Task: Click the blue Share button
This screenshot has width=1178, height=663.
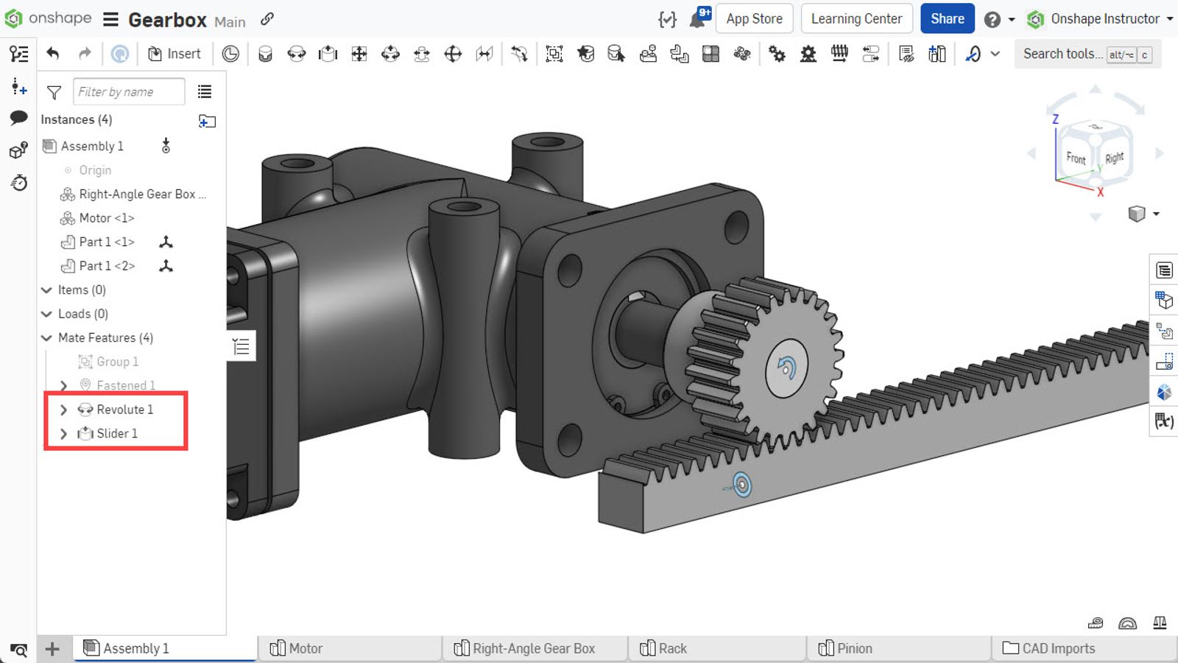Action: point(947,19)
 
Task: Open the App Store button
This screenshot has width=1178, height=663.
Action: point(754,19)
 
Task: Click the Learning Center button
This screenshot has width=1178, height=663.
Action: point(856,19)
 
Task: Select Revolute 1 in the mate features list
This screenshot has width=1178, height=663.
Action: point(124,410)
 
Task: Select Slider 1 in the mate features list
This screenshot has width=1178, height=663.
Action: point(117,434)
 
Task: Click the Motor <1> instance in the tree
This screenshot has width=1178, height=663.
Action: point(107,218)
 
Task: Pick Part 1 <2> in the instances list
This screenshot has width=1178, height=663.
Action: point(107,266)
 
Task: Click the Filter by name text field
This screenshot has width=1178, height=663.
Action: point(129,92)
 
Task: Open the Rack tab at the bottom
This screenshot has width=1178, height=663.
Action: point(672,648)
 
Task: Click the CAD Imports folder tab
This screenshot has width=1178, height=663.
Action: point(1058,648)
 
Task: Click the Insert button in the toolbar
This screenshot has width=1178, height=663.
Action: point(174,54)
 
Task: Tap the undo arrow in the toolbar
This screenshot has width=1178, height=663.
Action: point(52,54)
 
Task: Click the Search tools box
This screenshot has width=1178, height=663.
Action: point(1062,54)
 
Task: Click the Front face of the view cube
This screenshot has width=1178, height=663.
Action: point(1076,158)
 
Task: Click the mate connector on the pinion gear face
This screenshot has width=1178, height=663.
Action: point(786,367)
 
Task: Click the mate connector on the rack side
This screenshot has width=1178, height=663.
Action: point(741,485)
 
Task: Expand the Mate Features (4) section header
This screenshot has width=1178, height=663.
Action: point(105,338)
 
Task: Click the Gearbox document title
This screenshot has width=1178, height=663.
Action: point(167,20)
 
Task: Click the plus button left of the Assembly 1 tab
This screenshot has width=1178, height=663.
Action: point(52,649)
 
